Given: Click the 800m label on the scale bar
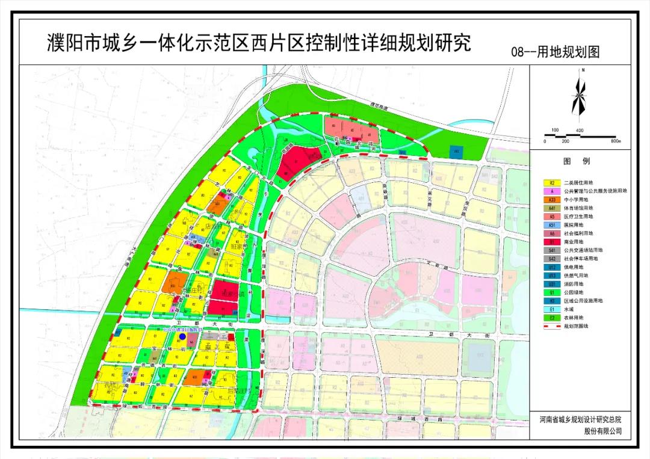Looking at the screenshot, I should click(x=614, y=141).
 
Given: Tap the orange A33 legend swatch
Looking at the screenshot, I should click(x=551, y=199).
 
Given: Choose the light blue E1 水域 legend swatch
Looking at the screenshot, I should click(x=551, y=309).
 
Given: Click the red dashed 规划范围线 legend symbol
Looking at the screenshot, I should click(x=551, y=325).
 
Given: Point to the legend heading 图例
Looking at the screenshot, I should click(x=577, y=161).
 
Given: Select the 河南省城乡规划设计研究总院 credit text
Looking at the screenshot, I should click(x=577, y=419).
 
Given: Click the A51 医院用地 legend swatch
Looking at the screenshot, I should click(x=551, y=224).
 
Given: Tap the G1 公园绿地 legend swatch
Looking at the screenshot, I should click(x=551, y=292).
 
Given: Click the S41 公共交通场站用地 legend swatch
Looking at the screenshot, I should click(x=551, y=250).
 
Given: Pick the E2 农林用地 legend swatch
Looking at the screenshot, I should click(x=551, y=317).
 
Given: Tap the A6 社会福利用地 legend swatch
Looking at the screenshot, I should click(x=551, y=233).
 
